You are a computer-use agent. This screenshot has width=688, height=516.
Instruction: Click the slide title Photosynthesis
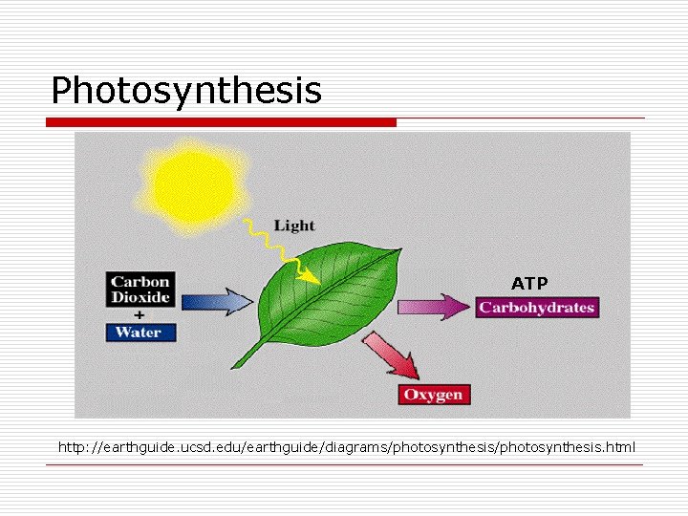[x=186, y=91]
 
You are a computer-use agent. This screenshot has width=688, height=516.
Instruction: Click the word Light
[x=293, y=226]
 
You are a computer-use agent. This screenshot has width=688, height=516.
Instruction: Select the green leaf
[x=325, y=296]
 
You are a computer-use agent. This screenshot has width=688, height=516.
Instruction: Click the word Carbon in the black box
[x=140, y=281]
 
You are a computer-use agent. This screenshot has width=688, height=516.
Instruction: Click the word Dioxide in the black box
[x=140, y=297]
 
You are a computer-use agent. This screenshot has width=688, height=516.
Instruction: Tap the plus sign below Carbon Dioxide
[x=140, y=314]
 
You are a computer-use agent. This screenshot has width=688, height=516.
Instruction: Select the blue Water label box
[x=140, y=333]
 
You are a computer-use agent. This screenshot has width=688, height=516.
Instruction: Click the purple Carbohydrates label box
[x=537, y=308]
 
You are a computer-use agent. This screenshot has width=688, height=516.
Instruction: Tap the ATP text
[x=529, y=284]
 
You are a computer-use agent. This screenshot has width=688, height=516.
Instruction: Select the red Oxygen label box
[x=434, y=395]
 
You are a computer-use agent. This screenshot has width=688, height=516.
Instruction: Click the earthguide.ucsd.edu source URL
[x=346, y=447]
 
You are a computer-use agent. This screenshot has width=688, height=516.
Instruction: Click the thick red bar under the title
[x=221, y=122]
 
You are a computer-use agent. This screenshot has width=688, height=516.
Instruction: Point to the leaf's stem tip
[x=235, y=366]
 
